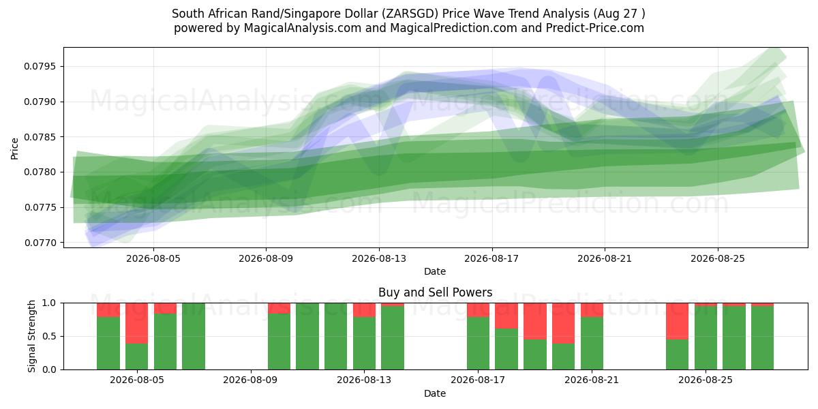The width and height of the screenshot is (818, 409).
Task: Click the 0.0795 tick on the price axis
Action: pyautogui.click(x=40, y=67)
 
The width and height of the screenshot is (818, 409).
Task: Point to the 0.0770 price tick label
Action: pyautogui.click(x=40, y=243)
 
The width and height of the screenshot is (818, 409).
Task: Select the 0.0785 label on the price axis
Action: pyautogui.click(x=40, y=137)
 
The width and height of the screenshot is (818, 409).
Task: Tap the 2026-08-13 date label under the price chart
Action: pyautogui.click(x=379, y=258)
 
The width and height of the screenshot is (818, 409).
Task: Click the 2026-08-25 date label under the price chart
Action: pyautogui.click(x=718, y=258)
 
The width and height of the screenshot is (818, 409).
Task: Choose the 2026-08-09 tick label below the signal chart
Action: pyautogui.click(x=250, y=380)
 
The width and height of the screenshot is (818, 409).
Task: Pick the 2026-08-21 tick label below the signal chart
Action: pyautogui.click(x=592, y=380)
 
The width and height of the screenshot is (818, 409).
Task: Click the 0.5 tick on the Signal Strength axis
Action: pyautogui.click(x=50, y=336)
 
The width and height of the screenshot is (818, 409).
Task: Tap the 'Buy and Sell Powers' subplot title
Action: pyautogui.click(x=436, y=292)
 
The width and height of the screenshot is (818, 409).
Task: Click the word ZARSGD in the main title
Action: pyautogui.click(x=411, y=14)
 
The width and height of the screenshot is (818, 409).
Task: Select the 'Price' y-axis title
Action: pyautogui.click(x=14, y=149)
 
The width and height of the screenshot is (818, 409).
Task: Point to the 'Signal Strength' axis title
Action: pyautogui.click(x=32, y=336)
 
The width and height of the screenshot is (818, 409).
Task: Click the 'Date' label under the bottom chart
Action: pyautogui.click(x=435, y=394)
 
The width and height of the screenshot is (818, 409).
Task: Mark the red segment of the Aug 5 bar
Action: pyautogui.click(x=136, y=323)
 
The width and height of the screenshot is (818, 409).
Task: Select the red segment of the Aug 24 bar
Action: pyautogui.click(x=677, y=321)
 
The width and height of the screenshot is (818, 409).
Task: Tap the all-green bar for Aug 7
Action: pyautogui.click(x=194, y=336)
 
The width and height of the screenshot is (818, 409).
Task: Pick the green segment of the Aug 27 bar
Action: pyautogui.click(x=763, y=338)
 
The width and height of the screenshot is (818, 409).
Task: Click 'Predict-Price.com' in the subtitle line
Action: pyautogui.click(x=595, y=28)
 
